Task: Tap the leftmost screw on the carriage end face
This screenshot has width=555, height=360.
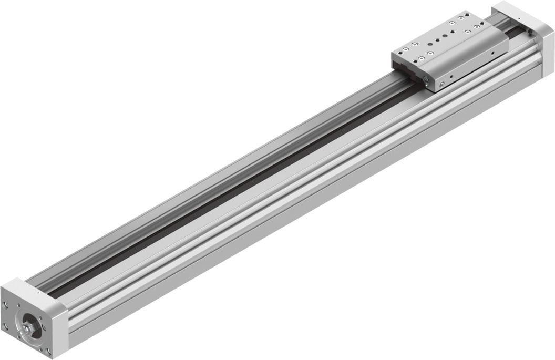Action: click(x=426, y=78)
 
